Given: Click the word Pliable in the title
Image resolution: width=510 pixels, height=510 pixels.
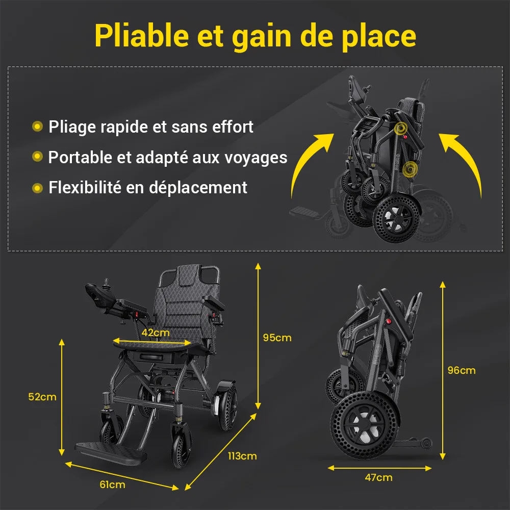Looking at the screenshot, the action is coord(142,36).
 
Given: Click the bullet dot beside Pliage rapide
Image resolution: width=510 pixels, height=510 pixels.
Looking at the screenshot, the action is coord(37,126).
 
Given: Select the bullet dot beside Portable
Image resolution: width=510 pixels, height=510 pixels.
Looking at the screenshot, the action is coord(37,157).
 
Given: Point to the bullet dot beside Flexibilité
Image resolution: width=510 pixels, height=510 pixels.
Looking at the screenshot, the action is coord(37,188).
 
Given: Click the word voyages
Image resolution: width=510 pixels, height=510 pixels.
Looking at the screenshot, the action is coord(257,159).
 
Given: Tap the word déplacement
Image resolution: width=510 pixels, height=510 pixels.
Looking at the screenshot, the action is coord(198,188).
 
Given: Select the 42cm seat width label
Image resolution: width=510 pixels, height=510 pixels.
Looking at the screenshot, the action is coord(156,333).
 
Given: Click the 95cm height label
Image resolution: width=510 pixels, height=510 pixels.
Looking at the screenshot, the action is coord(277,338).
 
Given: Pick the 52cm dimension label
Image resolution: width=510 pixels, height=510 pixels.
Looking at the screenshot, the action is coord(42,397).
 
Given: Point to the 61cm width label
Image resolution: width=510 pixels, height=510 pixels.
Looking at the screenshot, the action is coord(112,484).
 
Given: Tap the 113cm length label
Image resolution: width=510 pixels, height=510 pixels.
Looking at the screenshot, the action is coord(242,456).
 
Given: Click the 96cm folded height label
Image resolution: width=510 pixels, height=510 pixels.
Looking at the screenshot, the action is coord(462,370).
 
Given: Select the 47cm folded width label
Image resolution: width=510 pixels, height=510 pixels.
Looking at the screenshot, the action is coord(378,477).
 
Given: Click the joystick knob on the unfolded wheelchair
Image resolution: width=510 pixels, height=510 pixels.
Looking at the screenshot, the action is coord(106,282).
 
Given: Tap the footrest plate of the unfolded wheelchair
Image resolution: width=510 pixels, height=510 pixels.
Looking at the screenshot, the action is coord(111,453).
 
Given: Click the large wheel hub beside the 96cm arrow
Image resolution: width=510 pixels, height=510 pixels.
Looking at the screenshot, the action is coord(364,425).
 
